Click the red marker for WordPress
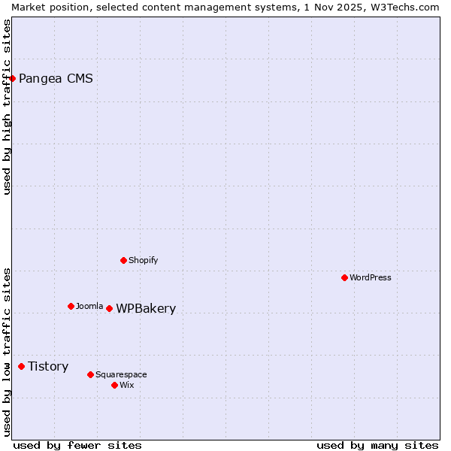pyautogui.click(x=344, y=277)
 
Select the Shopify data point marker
pyautogui.click(x=124, y=260)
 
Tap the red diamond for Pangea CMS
pyautogui.click(x=12, y=78)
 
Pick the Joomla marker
pyautogui.click(x=71, y=306)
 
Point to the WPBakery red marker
pyautogui.click(x=109, y=308)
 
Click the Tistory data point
pyautogui.click(x=21, y=366)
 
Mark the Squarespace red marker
pyautogui.click(x=90, y=374)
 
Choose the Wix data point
pyautogui.click(x=114, y=385)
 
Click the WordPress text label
pyautogui.click(x=371, y=277)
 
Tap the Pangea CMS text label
pyautogui.click(x=56, y=78)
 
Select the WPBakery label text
pyautogui.click(x=146, y=308)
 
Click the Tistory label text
pyautogui.click(x=48, y=366)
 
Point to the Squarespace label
pyautogui.click(x=121, y=374)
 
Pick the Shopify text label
pyautogui.click(x=144, y=260)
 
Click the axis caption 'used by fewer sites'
pyautogui.click(x=77, y=445)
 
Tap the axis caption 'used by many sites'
pyautogui.click(x=377, y=445)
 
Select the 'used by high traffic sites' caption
pyautogui.click(x=8, y=107)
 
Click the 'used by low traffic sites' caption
pyautogui.click(x=8, y=352)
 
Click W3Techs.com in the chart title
pyautogui.click(x=403, y=7)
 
